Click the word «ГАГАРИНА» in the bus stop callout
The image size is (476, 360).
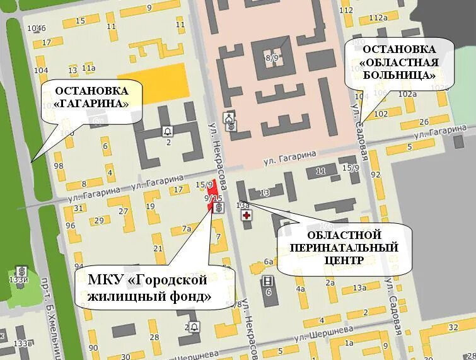coord(91,103)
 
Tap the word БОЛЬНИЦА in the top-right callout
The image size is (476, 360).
coord(400,75)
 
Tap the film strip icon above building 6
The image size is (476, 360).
coord(269,280)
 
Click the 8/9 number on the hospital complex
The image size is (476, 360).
coord(272,58)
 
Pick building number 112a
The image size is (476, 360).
coord(378,18)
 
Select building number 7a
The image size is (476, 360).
coord(186,228)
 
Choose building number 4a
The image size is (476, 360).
coord(300,289)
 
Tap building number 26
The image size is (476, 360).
coord(424,123)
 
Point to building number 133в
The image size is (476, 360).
coord(24,343)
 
